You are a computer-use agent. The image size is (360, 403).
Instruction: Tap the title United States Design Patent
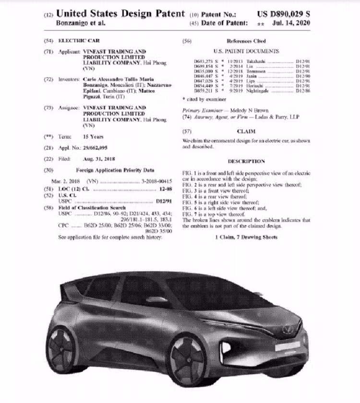(120, 13)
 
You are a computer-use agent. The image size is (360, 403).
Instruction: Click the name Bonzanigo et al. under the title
(81, 23)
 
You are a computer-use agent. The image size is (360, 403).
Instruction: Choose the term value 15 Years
(93, 137)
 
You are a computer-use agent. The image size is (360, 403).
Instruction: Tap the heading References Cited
(246, 41)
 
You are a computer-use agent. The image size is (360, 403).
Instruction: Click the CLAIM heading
(246, 131)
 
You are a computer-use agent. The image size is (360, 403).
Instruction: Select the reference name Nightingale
(257, 90)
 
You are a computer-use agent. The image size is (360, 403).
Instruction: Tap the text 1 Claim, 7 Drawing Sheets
(246, 237)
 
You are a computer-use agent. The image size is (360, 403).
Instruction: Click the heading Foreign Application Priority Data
(115, 170)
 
